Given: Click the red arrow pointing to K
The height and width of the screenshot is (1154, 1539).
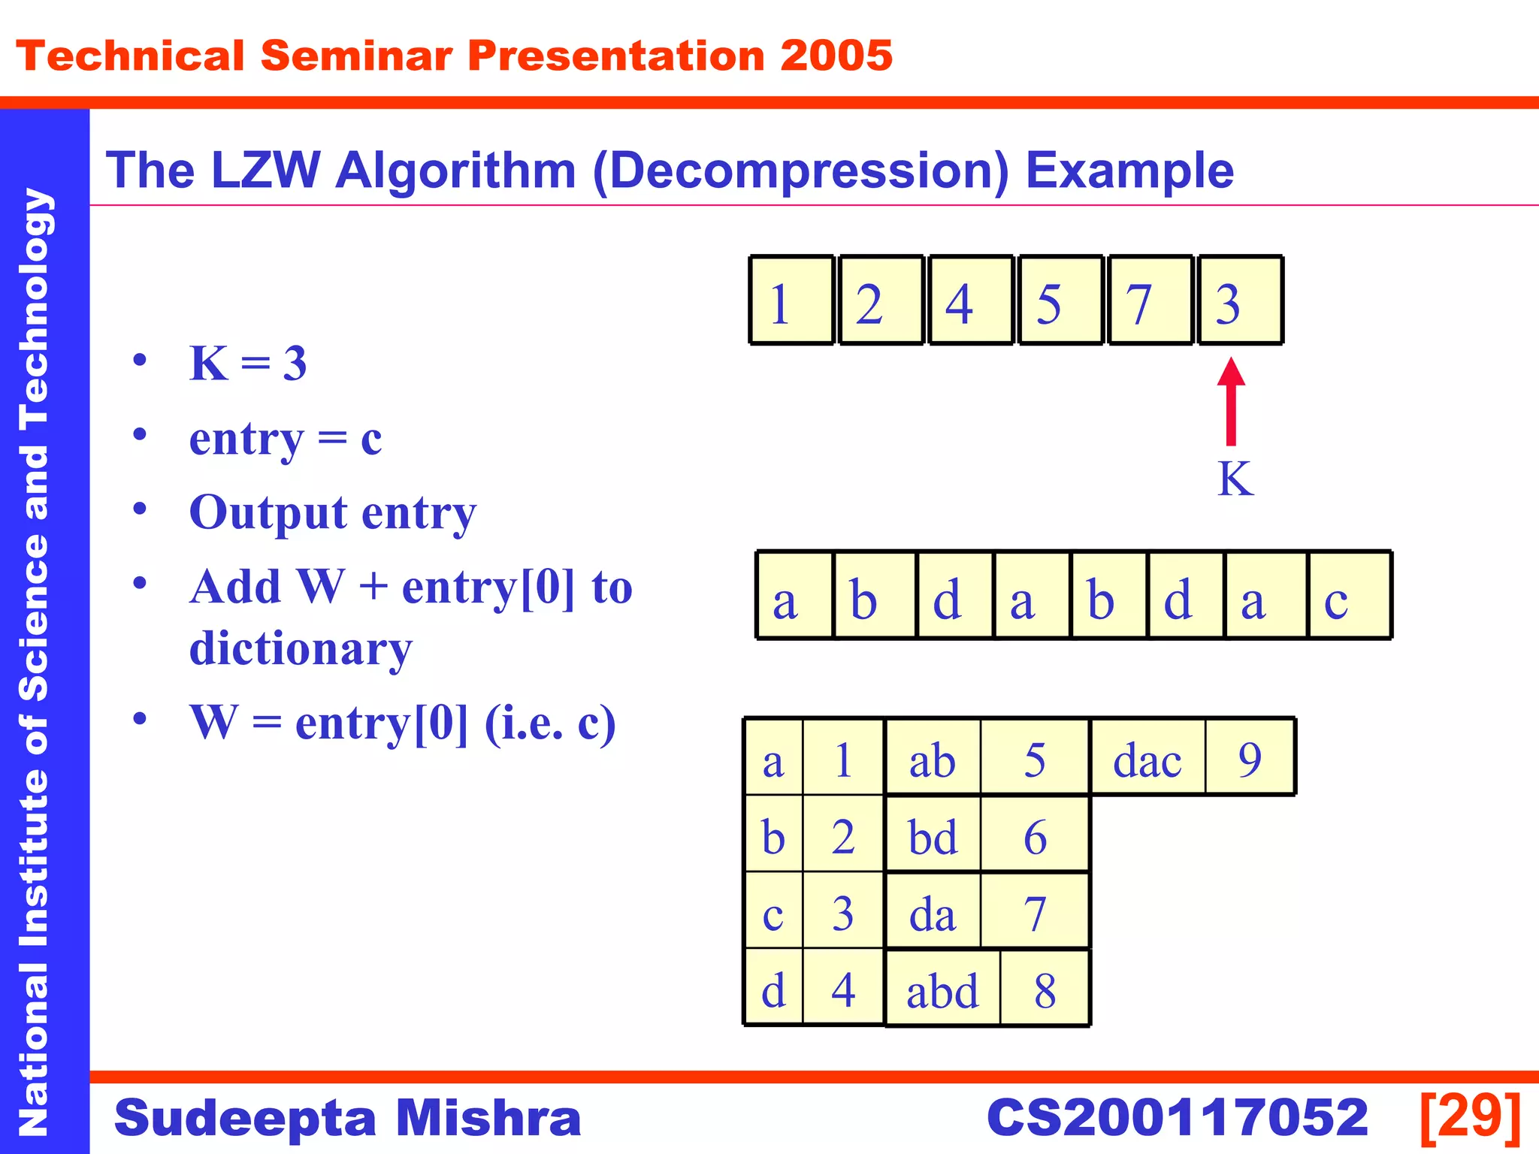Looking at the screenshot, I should (x=1231, y=403).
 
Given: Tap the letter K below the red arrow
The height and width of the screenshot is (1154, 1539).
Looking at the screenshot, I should (x=1235, y=479).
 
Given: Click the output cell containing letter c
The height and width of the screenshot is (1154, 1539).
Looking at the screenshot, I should (x=1349, y=596).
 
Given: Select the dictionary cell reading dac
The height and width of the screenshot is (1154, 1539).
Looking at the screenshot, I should (x=1147, y=758).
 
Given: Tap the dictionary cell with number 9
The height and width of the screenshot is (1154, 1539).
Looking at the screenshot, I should (x=1250, y=758).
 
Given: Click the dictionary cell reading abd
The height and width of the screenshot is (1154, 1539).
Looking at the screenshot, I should (x=942, y=989).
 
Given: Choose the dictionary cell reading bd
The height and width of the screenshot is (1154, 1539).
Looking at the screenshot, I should (x=933, y=835).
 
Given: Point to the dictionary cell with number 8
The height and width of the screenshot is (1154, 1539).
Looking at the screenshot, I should (x=1045, y=989).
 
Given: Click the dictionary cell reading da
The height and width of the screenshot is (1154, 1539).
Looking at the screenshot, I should (x=933, y=912).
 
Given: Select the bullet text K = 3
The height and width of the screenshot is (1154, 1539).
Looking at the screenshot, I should (x=248, y=364).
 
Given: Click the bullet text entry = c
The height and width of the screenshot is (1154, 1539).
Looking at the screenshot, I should (x=286, y=438).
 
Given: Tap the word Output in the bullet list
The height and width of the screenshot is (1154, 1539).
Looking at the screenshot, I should (x=268, y=512).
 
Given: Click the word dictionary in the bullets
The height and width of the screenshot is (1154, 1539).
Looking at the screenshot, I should (x=301, y=648).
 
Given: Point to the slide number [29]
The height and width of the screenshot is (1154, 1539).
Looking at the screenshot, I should (x=1471, y=1117).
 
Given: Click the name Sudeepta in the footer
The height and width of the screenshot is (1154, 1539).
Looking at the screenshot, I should (x=243, y=1118).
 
